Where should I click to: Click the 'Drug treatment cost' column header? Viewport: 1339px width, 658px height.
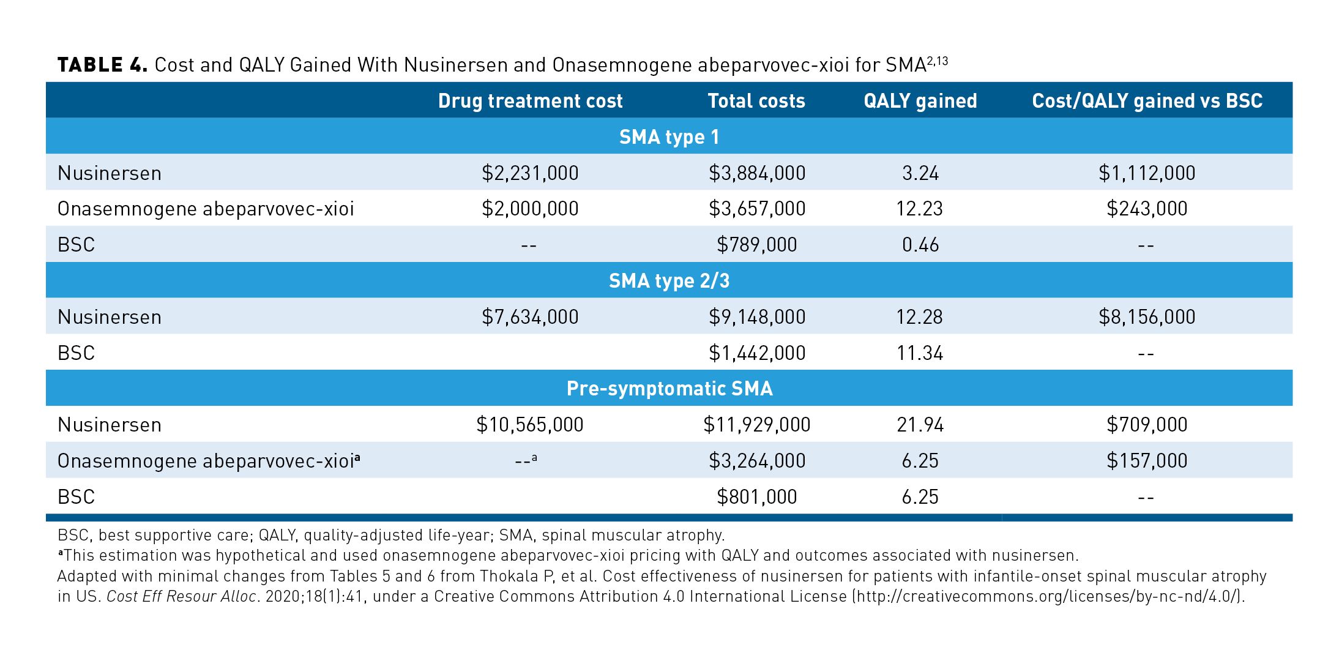(530, 101)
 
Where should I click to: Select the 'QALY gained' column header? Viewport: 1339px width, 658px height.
(920, 101)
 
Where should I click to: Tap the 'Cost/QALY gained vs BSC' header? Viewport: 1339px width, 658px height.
(1147, 101)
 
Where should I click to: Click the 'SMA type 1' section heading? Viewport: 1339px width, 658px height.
(669, 137)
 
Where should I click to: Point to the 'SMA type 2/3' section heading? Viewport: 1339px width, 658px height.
(669, 281)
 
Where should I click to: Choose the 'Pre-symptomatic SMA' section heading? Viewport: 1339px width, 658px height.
(669, 389)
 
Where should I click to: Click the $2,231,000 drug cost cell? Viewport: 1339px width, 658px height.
(530, 173)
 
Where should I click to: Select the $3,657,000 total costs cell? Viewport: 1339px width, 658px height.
(757, 209)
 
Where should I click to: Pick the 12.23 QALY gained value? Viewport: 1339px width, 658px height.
(920, 209)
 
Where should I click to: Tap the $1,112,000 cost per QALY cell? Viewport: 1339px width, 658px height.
(1147, 173)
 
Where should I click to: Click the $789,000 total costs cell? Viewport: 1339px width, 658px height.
(757, 245)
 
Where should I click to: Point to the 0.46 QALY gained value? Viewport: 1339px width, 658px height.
(920, 245)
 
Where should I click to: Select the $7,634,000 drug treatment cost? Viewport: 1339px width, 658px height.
(530, 317)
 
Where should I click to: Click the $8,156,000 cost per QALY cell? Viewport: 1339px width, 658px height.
(1147, 317)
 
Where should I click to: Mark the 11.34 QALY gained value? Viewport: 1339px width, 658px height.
(920, 353)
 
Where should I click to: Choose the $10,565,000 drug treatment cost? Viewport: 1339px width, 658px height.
(530, 425)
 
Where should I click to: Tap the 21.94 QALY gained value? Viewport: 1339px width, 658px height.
(920, 425)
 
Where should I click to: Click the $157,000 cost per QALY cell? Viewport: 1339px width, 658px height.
(1147, 461)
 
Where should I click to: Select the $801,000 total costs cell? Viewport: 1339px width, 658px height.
(757, 496)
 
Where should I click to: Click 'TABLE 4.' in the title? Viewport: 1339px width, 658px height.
(102, 65)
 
